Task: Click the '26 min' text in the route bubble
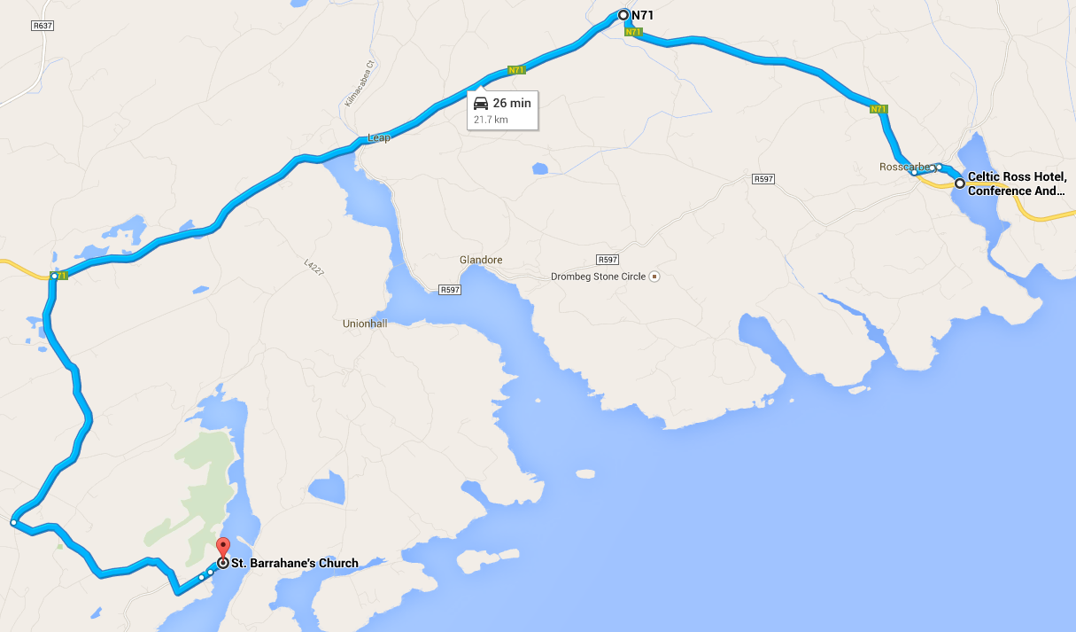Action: pos(512,103)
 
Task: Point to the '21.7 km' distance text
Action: pos(491,120)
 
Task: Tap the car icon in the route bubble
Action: pos(481,103)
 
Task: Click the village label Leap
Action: pos(378,138)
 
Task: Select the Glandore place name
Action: pos(481,260)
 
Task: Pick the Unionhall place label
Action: pos(365,324)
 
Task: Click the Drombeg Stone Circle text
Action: pos(599,277)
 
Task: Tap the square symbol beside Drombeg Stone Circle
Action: pos(654,277)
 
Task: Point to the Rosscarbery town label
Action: pos(903,167)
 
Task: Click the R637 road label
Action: pos(43,26)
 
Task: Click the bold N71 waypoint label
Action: pos(642,15)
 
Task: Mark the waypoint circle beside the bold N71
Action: pos(623,15)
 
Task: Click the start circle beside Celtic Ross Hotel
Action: pos(959,183)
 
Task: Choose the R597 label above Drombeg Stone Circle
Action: pos(607,260)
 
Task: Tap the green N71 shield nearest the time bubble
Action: pos(517,69)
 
